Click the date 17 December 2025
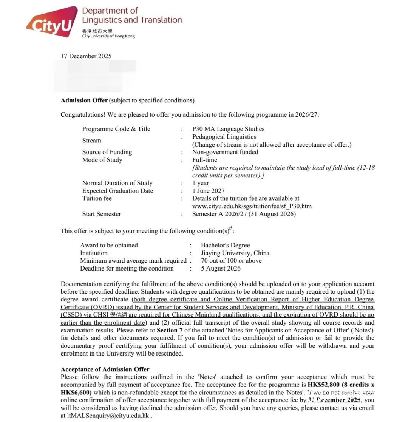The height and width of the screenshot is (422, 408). click(86, 56)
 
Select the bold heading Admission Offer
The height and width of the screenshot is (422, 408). click(84, 100)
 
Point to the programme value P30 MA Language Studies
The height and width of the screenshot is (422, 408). click(228, 129)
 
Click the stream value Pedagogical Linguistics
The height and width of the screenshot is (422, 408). click(224, 137)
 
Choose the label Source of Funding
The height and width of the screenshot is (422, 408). click(107, 152)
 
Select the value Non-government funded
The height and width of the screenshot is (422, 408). click(225, 152)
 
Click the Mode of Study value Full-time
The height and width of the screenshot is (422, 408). click(204, 160)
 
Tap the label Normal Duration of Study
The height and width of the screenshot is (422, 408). click(117, 183)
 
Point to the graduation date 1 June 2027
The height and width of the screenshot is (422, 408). click(208, 191)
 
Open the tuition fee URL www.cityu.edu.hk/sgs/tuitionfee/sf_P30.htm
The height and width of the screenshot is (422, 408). click(252, 206)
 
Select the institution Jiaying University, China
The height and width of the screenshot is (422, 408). click(235, 253)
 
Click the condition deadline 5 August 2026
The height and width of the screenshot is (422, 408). click(221, 269)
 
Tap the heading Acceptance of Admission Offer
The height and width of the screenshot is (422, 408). click(105, 369)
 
